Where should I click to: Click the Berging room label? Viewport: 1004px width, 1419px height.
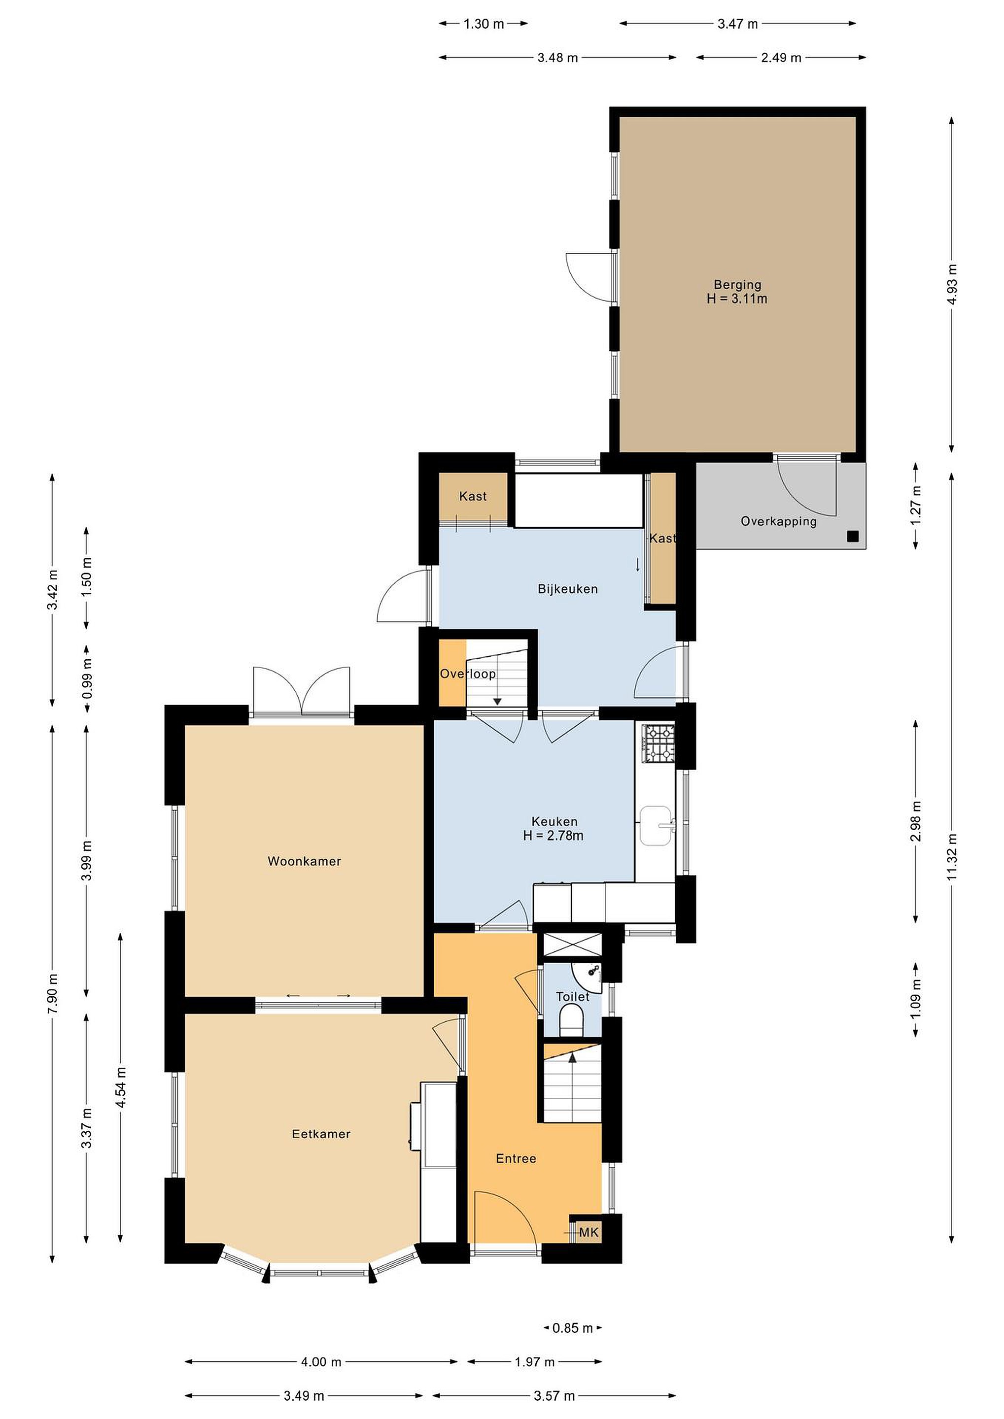(737, 285)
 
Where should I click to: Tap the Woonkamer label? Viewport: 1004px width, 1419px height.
(304, 861)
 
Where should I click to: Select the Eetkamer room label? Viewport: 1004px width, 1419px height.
(321, 1134)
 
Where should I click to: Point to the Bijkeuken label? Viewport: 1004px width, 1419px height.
(567, 589)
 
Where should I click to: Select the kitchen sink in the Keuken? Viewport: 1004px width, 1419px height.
(656, 825)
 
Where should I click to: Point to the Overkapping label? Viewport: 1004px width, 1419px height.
(778, 521)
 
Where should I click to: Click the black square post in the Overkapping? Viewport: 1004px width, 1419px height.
(853, 537)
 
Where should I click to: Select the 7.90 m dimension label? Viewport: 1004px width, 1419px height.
(53, 993)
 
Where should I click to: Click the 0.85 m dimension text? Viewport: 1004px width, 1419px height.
(572, 1327)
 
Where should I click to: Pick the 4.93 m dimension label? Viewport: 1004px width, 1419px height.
(952, 284)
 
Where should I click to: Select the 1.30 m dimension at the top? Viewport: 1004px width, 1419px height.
(484, 24)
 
